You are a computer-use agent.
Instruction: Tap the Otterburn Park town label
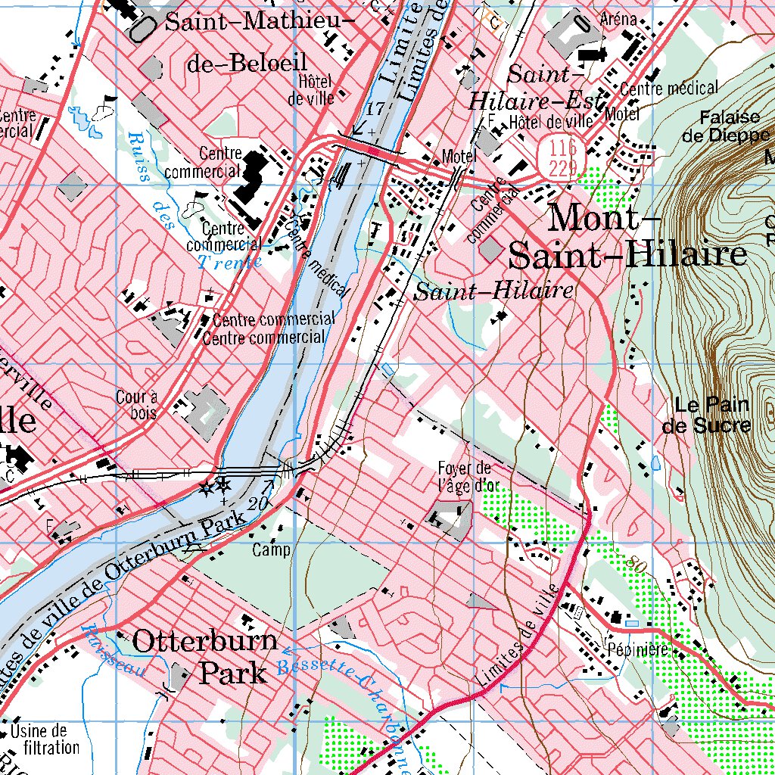click(205, 656)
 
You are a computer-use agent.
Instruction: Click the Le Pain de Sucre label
click(706, 415)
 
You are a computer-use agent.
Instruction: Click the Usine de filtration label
click(45, 739)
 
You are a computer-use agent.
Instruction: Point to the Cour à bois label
click(136, 404)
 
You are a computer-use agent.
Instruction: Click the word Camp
click(271, 550)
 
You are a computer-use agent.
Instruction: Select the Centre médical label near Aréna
click(668, 89)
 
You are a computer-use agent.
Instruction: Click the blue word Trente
click(229, 263)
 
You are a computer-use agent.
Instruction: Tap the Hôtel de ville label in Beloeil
click(310, 89)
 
